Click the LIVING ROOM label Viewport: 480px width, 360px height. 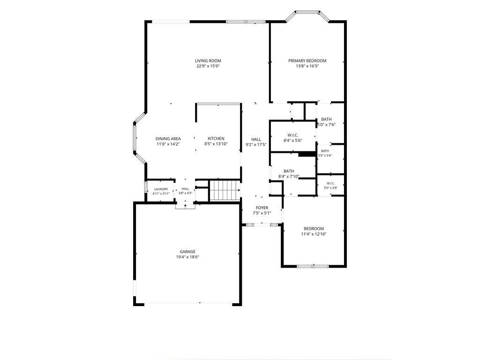coord(208,60)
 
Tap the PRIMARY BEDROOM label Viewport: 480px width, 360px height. coord(307,60)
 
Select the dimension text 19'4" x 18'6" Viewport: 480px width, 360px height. coord(187,257)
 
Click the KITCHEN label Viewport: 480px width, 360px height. coord(216,138)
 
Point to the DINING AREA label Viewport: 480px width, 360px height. coord(168,138)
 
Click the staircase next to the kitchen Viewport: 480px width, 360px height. coord(225,190)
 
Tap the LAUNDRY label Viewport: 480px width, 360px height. coord(161,189)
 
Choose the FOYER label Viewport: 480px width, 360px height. coord(262,208)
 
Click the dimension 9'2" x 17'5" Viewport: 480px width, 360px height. coord(256,144)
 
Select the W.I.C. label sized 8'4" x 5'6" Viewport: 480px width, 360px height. coord(293,135)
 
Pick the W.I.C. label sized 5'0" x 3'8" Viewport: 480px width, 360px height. coord(330,183)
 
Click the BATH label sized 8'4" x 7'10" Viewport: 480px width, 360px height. coord(289,171)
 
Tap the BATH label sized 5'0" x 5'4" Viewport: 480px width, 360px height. coord(325,151)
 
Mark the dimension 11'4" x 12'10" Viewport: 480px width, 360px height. coord(314,234)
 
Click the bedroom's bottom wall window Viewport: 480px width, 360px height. coord(313,266)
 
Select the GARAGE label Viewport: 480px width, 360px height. coord(187,252)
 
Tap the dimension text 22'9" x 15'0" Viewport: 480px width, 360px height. coord(208,66)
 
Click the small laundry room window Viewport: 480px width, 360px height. coord(146,187)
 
